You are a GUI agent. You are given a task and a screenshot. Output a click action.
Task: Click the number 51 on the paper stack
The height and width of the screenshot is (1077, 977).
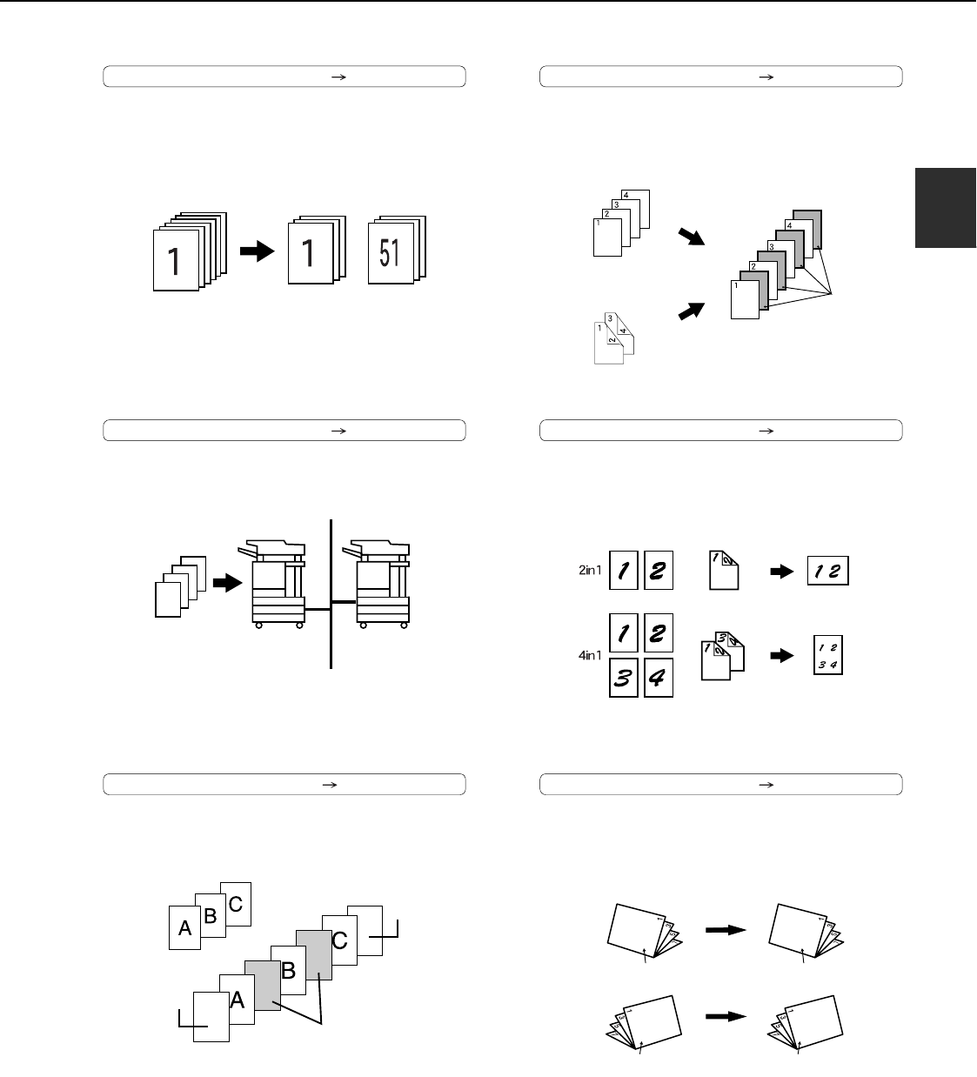point(390,252)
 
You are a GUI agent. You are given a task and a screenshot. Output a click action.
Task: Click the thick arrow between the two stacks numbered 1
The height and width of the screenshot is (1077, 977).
point(258,251)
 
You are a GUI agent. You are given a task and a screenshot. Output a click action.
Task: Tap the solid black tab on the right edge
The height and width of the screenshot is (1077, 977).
point(946,208)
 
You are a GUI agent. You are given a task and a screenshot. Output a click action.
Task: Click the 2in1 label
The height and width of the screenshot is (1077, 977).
point(590,570)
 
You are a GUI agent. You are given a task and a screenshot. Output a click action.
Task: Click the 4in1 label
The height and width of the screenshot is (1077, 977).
point(590,655)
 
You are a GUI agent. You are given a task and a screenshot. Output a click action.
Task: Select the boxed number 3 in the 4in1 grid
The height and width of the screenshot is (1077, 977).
point(624,678)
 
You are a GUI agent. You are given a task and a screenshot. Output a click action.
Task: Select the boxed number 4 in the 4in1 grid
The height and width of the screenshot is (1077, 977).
point(659,678)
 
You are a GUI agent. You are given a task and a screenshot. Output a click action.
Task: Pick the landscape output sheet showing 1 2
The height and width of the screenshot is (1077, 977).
point(827,571)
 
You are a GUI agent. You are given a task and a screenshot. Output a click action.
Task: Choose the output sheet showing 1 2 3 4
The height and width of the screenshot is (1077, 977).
point(827,655)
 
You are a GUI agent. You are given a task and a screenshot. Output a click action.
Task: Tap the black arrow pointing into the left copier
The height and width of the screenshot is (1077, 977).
point(228,583)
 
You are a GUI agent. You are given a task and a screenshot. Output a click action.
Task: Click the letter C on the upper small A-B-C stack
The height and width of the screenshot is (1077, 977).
point(235,904)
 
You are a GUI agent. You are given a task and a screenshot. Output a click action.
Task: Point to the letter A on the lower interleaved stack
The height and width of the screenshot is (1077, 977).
point(237,1000)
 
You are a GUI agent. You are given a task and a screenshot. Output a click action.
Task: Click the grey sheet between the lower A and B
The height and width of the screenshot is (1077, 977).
point(263,986)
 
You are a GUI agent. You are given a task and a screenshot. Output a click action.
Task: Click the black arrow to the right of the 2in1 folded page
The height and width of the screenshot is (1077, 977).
point(782,572)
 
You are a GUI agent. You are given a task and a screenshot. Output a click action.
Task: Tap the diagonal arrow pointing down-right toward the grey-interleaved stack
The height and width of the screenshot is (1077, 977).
point(692,237)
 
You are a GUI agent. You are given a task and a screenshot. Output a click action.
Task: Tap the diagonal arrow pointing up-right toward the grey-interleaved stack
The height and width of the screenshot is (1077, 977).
point(692,311)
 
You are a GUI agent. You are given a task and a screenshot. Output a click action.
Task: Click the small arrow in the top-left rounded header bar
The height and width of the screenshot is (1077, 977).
point(338,77)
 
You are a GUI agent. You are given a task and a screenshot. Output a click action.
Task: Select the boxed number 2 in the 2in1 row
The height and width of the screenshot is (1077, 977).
point(659,570)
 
